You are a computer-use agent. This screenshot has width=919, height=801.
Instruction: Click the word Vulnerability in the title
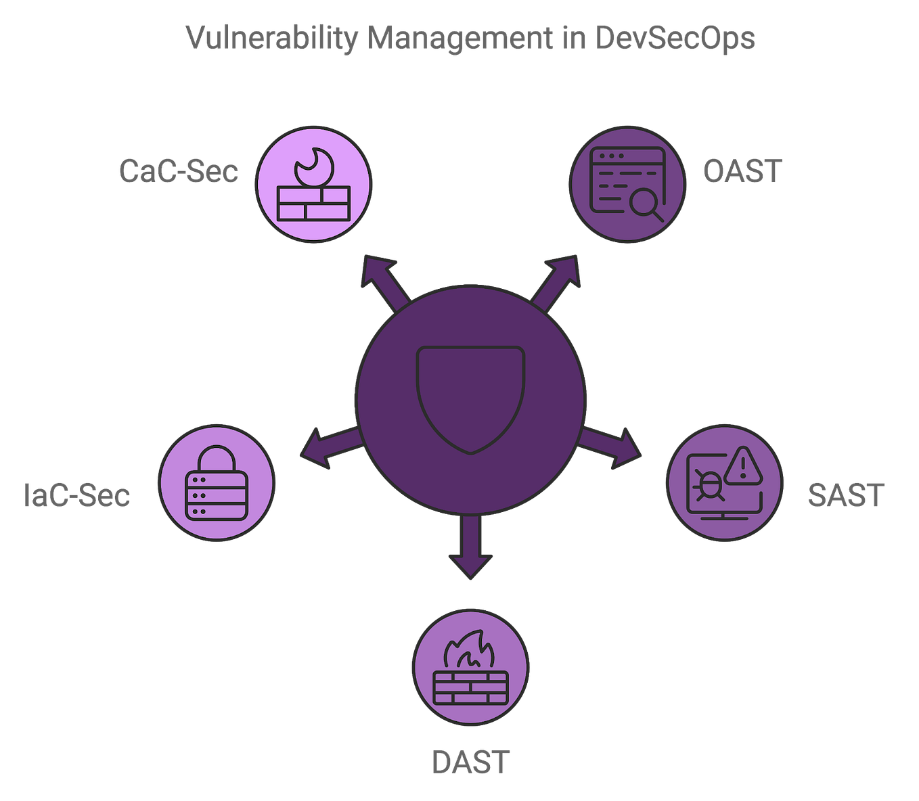tap(271, 39)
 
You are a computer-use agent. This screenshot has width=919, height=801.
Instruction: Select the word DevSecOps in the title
tap(675, 39)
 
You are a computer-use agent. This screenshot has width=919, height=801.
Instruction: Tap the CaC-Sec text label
tap(179, 170)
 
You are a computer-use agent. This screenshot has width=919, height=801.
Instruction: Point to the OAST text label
tap(742, 170)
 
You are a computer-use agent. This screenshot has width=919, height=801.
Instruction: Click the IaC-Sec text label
tap(76, 495)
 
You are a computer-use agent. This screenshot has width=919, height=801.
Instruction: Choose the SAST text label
tap(845, 495)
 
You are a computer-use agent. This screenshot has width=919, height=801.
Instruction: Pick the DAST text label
tap(470, 762)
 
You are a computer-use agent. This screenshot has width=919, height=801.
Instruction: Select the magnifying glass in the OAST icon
tap(646, 204)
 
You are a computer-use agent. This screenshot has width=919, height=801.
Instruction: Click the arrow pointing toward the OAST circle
tap(559, 277)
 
